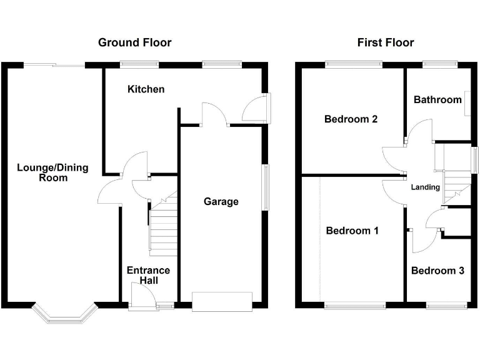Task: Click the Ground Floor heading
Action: (134, 42)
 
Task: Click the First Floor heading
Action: (385, 42)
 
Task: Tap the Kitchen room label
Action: (146, 89)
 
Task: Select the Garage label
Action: (221, 201)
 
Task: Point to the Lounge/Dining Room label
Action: (52, 172)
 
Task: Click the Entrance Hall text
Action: (148, 276)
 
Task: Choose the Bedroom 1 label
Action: (352, 231)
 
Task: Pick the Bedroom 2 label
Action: (351, 119)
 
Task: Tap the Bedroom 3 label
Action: (437, 271)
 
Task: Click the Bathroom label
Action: (437, 99)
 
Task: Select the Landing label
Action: (425, 187)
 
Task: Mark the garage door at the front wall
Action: (222, 301)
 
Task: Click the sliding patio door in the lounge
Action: (53, 64)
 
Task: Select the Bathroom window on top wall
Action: (440, 64)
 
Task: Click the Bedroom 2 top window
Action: (354, 64)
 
